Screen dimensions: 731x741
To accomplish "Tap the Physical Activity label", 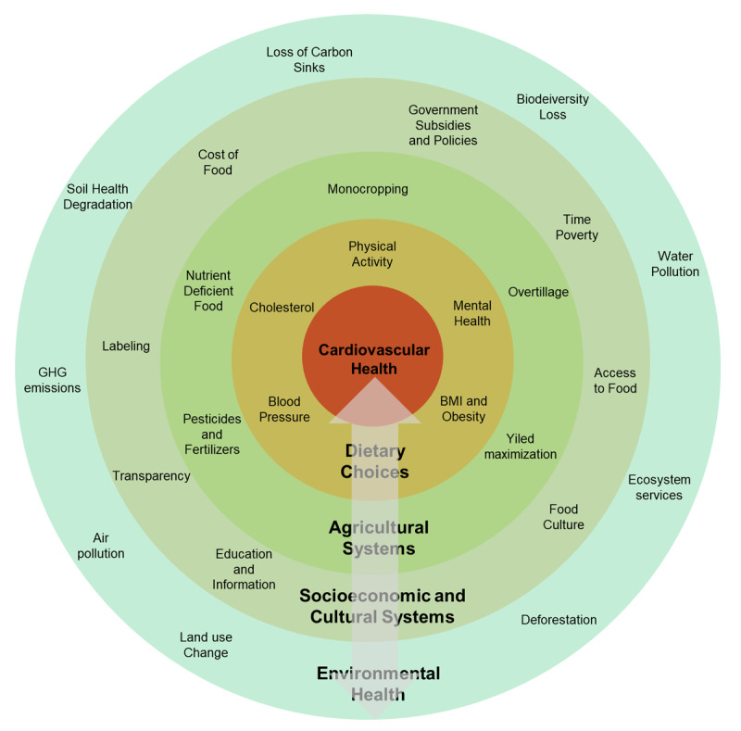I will click(x=371, y=254).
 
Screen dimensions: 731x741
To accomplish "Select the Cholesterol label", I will click(x=282, y=308).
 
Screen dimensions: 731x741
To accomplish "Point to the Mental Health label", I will click(x=471, y=313).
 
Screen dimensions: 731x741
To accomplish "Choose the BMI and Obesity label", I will click(x=463, y=409).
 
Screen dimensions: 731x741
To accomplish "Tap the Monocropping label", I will click(x=368, y=189).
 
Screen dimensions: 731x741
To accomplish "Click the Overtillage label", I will click(x=538, y=292).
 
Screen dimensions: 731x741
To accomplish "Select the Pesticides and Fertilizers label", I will click(x=211, y=434).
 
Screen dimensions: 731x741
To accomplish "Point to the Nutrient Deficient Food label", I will click(x=208, y=290).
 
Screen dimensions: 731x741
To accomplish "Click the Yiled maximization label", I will click(x=521, y=447).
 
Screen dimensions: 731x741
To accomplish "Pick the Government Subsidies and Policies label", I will click(x=443, y=125).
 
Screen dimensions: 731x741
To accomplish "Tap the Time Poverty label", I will click(x=576, y=227).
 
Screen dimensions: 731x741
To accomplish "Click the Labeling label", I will click(x=126, y=346).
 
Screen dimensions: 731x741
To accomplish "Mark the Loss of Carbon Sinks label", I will click(x=308, y=60).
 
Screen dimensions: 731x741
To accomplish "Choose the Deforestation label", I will click(x=559, y=620).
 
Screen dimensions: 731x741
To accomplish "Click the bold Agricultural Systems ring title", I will click(x=378, y=537).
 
